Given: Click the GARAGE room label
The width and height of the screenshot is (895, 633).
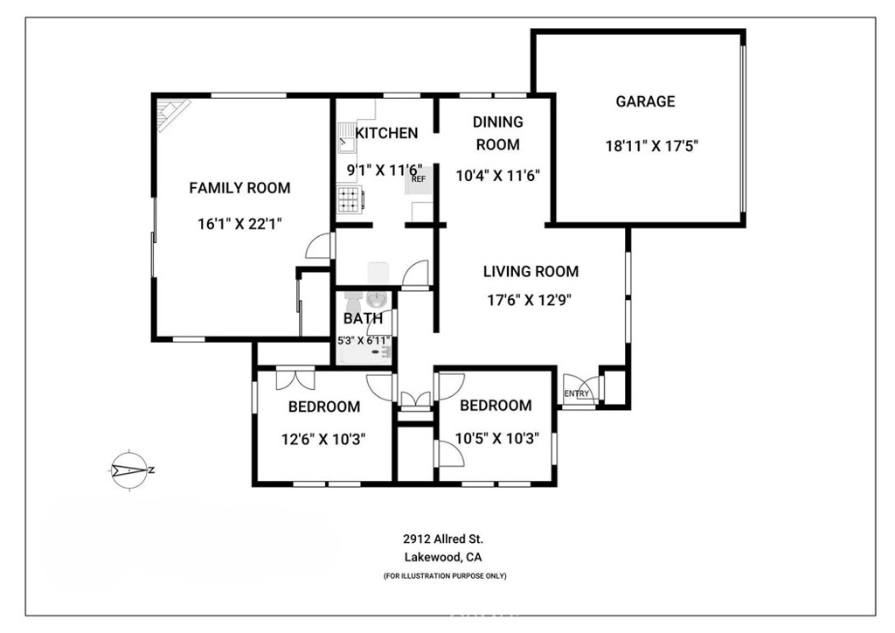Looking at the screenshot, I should (x=645, y=101).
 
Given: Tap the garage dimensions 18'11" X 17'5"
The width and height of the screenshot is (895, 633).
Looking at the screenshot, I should (x=650, y=146).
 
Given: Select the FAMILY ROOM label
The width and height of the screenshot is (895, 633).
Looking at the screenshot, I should (x=239, y=188).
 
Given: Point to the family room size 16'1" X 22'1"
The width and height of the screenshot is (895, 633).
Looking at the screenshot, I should (x=239, y=224).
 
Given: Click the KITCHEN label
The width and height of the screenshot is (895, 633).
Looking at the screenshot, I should (x=386, y=133).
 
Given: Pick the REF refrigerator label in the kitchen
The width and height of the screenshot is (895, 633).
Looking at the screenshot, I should (x=419, y=179).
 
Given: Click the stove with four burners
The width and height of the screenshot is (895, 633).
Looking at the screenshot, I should (x=350, y=200).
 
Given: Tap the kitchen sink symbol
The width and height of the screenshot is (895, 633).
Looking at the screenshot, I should (x=347, y=135).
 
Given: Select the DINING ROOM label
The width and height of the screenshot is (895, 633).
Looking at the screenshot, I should (x=497, y=133).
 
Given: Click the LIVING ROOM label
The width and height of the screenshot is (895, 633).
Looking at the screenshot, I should (x=531, y=272).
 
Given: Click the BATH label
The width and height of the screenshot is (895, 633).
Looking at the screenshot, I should (x=363, y=319).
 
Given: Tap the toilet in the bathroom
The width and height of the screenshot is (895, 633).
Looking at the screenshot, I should (x=376, y=300).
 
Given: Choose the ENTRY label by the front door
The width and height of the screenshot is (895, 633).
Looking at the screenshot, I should (x=576, y=393).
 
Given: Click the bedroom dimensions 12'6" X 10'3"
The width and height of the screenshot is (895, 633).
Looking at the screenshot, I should (x=323, y=438).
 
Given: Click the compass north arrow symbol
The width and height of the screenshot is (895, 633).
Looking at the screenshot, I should (x=131, y=470).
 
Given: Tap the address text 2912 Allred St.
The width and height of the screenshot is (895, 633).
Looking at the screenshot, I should (x=443, y=539).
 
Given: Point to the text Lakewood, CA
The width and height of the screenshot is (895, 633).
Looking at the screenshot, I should (x=443, y=558).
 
